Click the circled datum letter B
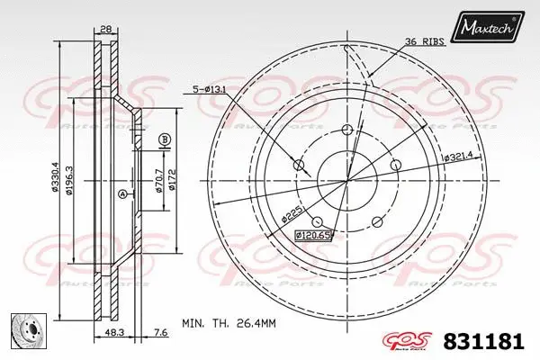164,139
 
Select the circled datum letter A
122,194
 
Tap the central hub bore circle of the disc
347,181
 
